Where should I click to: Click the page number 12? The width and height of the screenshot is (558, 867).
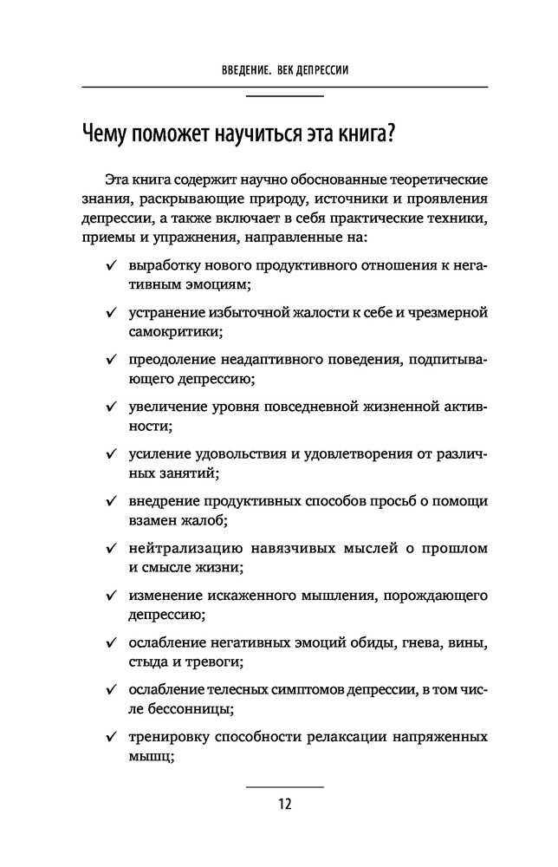coord(285,803)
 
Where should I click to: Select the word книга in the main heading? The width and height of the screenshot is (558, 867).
coord(358,134)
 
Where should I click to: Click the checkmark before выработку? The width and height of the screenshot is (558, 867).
coord(111,263)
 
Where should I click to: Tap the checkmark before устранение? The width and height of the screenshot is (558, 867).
coord(111,310)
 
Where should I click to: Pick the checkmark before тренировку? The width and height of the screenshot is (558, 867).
coord(111,738)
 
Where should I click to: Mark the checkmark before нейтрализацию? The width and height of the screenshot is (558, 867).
coord(111,548)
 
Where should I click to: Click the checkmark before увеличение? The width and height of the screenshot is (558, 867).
coord(111,406)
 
